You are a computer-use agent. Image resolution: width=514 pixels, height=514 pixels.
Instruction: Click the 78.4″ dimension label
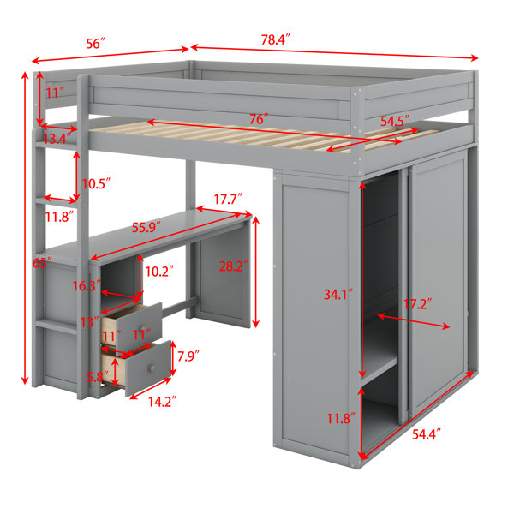point(276,39)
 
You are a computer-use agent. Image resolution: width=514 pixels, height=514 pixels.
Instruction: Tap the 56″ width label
point(96,44)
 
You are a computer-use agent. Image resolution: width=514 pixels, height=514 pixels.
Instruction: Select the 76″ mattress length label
point(259,119)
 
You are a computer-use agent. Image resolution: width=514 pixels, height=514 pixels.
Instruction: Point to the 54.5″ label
point(395,122)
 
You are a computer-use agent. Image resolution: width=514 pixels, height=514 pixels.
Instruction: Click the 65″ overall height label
point(42,263)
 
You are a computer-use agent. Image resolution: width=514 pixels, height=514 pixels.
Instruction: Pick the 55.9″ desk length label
point(146,227)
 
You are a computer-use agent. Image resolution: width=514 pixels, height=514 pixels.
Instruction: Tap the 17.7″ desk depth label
point(228,199)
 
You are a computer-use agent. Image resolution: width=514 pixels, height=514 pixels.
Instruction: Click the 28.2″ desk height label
point(233,266)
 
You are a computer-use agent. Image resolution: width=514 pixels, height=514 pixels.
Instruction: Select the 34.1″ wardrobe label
point(338,295)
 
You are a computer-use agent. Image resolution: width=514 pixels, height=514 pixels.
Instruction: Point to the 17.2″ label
point(417,304)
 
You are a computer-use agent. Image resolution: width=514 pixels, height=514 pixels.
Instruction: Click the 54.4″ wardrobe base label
point(426,434)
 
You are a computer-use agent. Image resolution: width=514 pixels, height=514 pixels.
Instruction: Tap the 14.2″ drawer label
point(163,402)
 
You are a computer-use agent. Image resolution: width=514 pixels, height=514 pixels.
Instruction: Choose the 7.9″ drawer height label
point(188,356)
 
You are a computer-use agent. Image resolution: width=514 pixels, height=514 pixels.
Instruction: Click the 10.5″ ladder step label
point(96,184)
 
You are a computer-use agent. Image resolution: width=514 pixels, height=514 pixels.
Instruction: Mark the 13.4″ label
point(56,139)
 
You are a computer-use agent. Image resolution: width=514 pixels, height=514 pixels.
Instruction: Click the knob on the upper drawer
point(142,328)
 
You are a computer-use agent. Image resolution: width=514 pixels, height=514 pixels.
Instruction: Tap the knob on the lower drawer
point(152,368)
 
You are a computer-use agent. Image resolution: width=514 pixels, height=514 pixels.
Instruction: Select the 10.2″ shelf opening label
point(159,271)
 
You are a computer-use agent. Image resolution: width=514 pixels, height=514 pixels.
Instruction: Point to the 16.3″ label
point(87,286)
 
